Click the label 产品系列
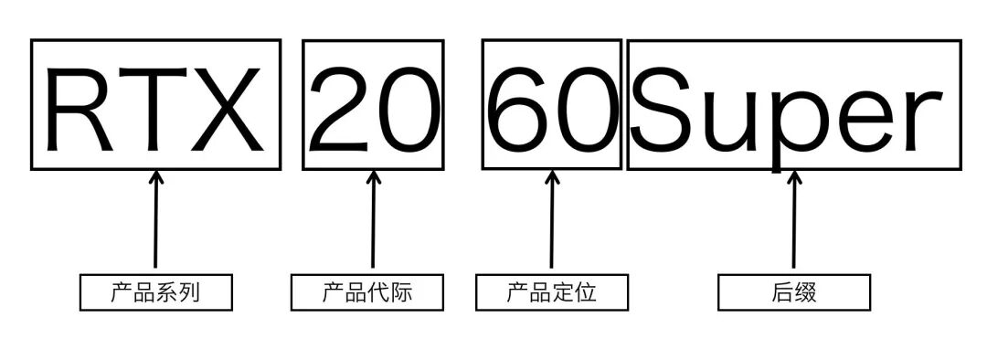(155, 293)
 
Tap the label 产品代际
(367, 293)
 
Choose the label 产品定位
(552, 293)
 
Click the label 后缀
(793, 293)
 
